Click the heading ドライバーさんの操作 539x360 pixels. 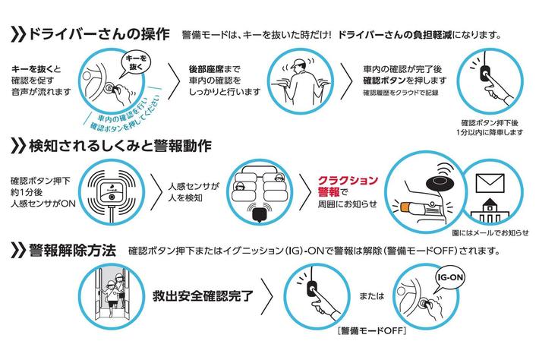[x=99, y=34]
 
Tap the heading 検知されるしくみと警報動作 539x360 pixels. [x=120, y=146]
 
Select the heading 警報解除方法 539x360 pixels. [x=72, y=250]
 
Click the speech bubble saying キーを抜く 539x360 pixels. [x=136, y=62]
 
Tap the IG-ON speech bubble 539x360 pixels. [x=449, y=278]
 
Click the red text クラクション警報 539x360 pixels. [x=347, y=186]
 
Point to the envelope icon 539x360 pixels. [x=490, y=183]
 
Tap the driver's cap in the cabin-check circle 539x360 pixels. [x=298, y=63]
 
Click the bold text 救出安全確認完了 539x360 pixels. [x=203, y=295]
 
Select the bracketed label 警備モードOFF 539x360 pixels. [x=372, y=331]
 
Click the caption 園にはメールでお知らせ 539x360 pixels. [x=490, y=232]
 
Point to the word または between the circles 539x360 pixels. [x=371, y=295]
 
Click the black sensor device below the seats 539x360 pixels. [x=260, y=214]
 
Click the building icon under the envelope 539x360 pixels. [x=490, y=210]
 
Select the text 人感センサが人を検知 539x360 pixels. [x=194, y=192]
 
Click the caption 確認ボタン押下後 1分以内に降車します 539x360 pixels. [x=490, y=128]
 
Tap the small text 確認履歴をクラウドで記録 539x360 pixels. [x=401, y=93]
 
